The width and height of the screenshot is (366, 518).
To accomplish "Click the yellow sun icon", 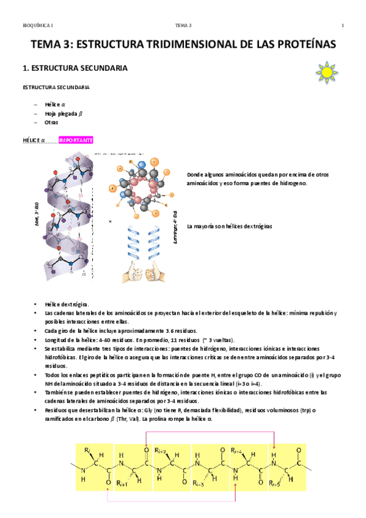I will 328,71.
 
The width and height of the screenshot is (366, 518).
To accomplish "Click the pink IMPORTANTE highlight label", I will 76,140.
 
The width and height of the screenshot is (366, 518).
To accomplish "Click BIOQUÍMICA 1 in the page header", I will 38,25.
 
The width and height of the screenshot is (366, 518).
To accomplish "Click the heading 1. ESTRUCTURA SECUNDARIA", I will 75,68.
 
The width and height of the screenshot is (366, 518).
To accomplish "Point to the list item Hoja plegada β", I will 64,113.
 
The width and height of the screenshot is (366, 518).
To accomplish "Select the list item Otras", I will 51,122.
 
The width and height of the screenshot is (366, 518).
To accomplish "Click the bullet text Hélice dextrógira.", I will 67,304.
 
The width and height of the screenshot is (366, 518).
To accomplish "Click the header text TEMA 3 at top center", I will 183,25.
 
